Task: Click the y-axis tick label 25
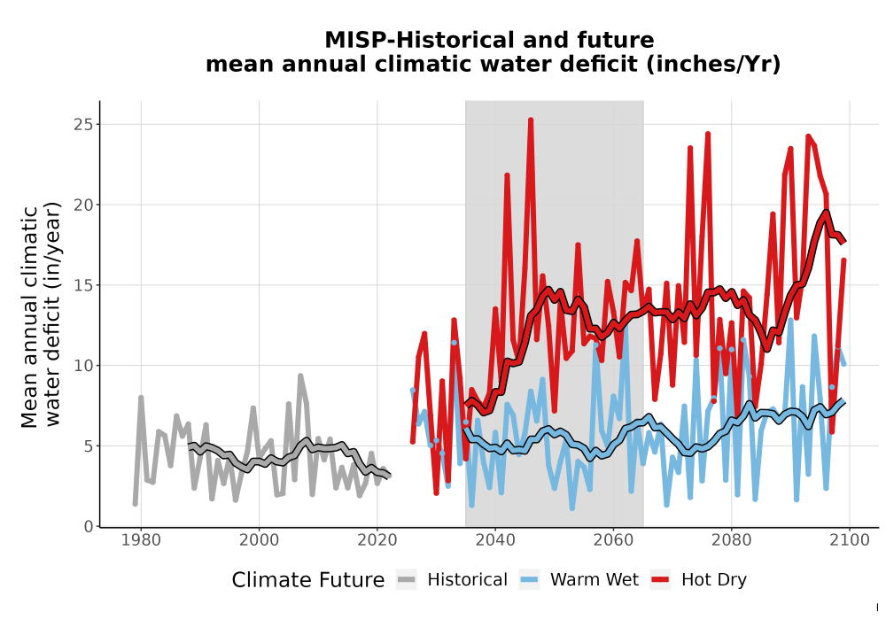click(x=83, y=124)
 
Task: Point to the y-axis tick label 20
click(x=83, y=205)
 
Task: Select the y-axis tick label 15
click(x=83, y=285)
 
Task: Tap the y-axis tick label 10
click(x=83, y=365)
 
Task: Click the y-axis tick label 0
click(x=88, y=526)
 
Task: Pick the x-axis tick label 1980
click(x=141, y=540)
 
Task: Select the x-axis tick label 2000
click(x=260, y=540)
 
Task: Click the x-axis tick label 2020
click(x=377, y=540)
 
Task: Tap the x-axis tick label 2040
click(x=495, y=540)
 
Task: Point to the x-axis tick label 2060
click(x=614, y=540)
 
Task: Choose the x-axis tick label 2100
click(x=850, y=540)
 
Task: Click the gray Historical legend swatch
click(x=407, y=580)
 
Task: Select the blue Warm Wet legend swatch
click(x=530, y=580)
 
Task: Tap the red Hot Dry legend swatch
click(x=660, y=580)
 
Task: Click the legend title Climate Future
click(x=308, y=580)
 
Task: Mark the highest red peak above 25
click(x=531, y=120)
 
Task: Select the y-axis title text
click(x=40, y=315)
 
